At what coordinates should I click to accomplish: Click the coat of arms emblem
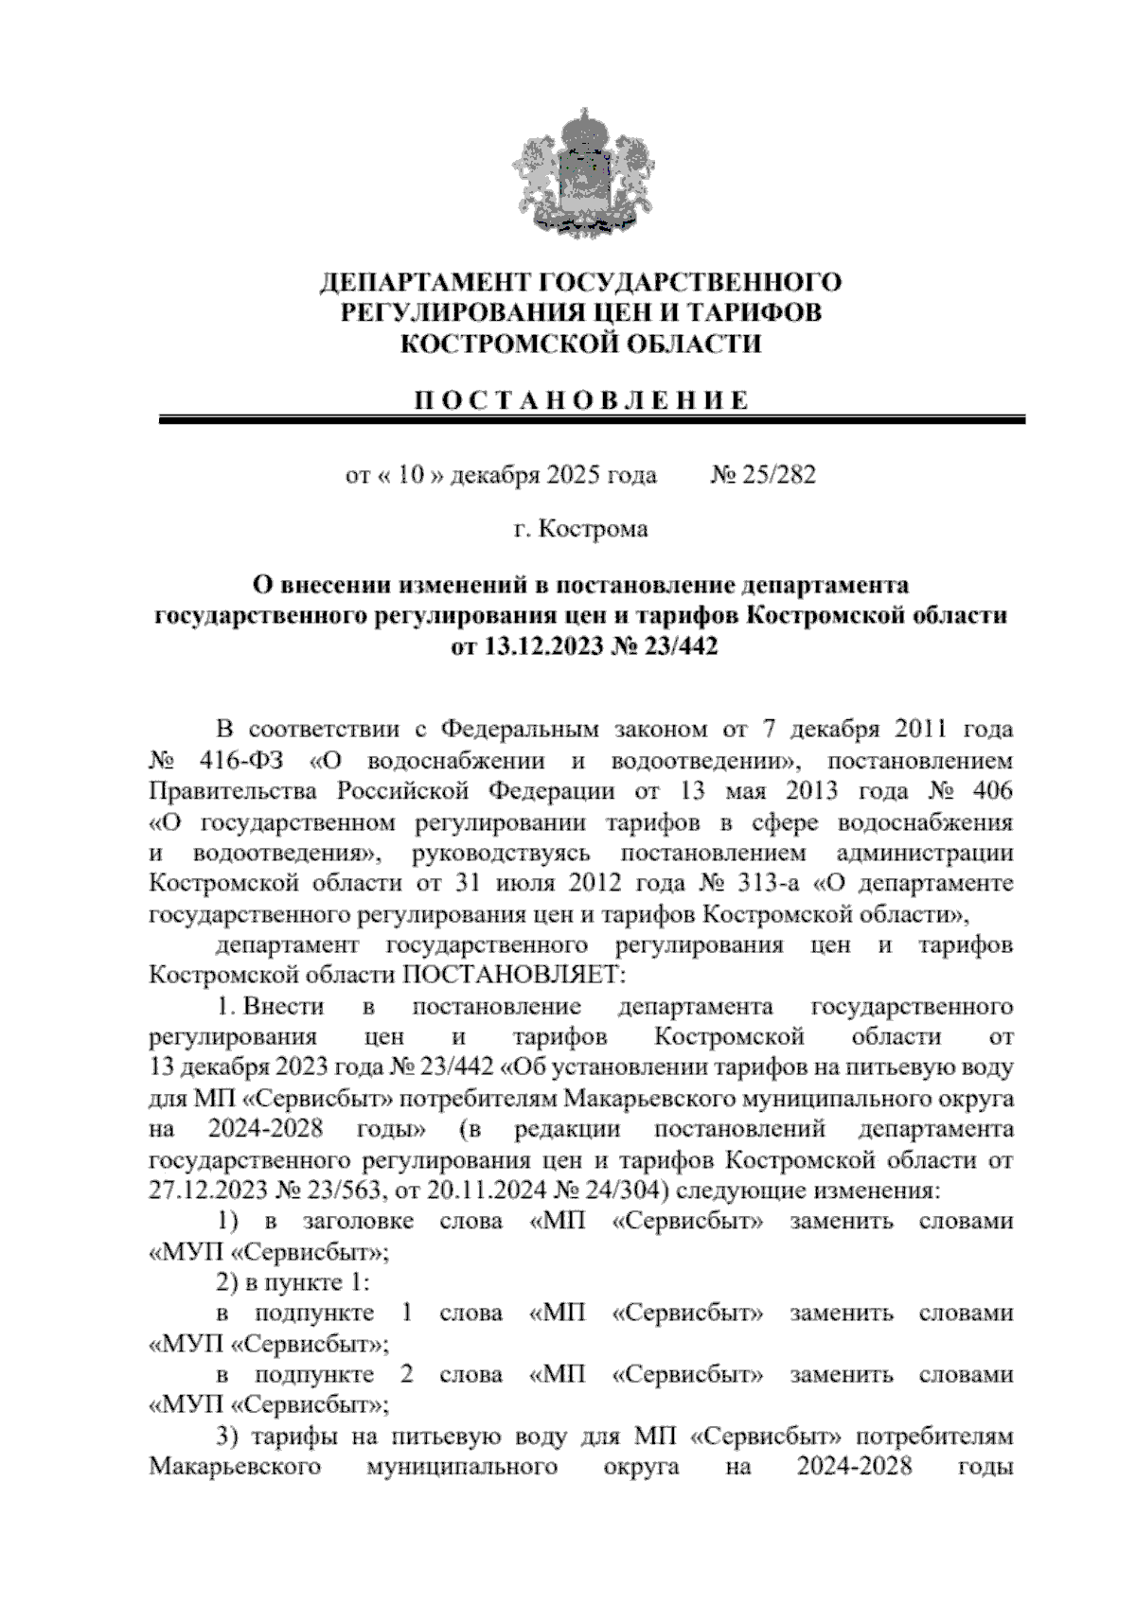pos(568,173)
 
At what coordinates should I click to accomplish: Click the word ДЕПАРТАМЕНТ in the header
pos(425,282)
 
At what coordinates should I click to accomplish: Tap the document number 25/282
pos(779,474)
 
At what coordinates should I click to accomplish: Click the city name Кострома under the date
pos(593,529)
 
